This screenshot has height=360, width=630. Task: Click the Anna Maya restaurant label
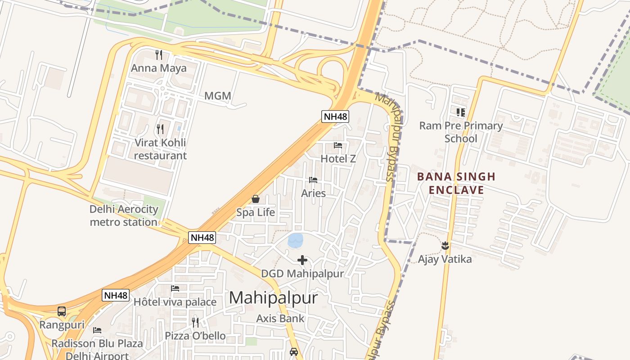(x=158, y=68)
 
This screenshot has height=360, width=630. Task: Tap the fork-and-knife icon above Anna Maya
(x=158, y=55)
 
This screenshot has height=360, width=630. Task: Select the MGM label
(x=217, y=96)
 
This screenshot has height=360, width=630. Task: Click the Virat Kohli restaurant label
(x=160, y=149)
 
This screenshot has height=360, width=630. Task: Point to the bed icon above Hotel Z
(x=338, y=145)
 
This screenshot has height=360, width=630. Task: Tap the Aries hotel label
(x=313, y=193)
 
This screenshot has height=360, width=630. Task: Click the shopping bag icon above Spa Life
(x=256, y=199)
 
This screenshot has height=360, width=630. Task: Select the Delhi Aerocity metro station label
(x=124, y=216)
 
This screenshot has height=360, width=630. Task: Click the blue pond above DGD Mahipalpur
(x=296, y=240)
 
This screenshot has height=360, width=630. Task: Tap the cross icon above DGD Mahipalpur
(x=302, y=260)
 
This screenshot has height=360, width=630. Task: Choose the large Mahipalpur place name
(x=273, y=298)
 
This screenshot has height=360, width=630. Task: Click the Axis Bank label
(x=280, y=319)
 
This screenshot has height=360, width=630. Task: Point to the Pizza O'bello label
(x=195, y=336)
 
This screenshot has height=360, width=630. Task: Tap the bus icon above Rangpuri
(x=62, y=311)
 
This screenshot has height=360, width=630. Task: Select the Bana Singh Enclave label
(x=456, y=183)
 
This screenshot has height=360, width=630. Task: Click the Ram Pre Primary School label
(x=461, y=132)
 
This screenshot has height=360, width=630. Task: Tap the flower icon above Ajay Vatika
(x=445, y=246)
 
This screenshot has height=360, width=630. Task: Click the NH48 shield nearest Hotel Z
(x=336, y=117)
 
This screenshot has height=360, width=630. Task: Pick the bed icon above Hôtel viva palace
(x=175, y=288)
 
